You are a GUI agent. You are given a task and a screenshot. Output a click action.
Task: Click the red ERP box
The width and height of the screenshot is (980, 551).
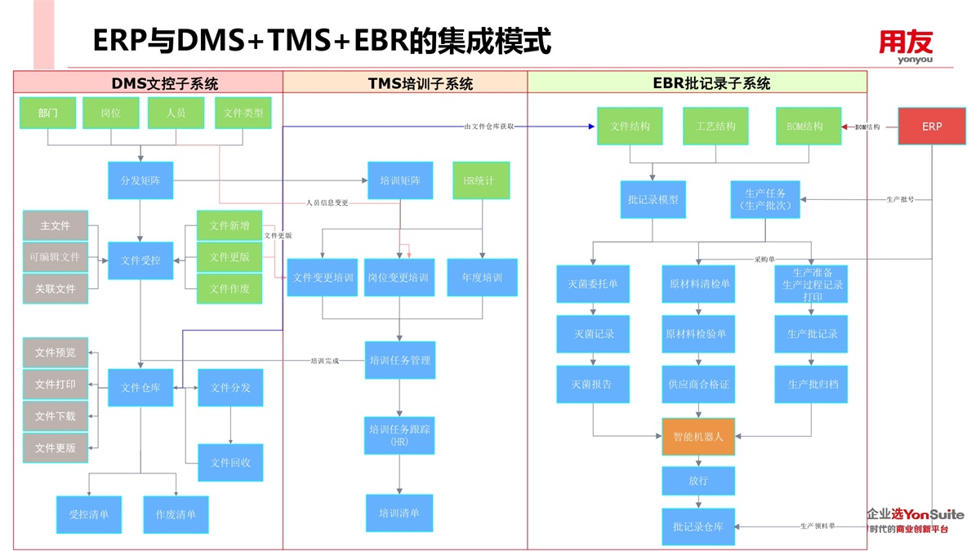click(x=932, y=127)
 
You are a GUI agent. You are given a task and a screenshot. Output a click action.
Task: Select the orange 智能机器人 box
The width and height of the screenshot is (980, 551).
click(x=698, y=437)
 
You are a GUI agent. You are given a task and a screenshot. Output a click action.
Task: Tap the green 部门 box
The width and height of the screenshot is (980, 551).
click(x=47, y=113)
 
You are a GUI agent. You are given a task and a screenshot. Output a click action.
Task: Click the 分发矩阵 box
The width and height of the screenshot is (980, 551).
click(x=140, y=180)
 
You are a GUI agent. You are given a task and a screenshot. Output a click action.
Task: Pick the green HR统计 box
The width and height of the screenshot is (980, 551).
click(x=481, y=180)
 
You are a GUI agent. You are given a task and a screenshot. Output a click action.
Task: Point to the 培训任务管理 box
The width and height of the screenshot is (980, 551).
click(x=399, y=360)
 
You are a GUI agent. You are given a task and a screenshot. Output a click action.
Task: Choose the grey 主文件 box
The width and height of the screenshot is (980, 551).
click(x=56, y=226)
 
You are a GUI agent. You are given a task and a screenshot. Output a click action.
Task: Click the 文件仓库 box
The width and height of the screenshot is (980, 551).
click(x=140, y=388)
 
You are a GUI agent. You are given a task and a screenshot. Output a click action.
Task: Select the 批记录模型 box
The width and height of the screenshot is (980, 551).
click(x=653, y=200)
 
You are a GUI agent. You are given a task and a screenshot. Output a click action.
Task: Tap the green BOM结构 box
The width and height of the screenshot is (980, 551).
click(x=808, y=127)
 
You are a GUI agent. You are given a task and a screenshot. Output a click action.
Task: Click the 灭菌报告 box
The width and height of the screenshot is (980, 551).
click(x=593, y=384)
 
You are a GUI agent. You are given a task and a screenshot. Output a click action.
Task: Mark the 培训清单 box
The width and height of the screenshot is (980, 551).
click(x=399, y=513)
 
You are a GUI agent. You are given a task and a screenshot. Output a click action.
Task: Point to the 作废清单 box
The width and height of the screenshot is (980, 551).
click(x=176, y=515)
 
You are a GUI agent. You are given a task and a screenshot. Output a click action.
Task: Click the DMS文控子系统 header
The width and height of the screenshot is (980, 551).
click(x=165, y=83)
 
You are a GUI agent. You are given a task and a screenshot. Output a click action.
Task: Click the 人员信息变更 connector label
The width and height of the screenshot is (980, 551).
click(x=327, y=202)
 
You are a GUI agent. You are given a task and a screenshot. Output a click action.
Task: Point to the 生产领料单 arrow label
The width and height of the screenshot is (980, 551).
click(x=817, y=527)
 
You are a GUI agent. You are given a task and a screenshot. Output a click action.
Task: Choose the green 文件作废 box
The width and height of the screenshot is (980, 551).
click(x=229, y=289)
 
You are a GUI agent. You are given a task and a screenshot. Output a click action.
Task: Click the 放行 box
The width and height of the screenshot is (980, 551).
click(x=698, y=482)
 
